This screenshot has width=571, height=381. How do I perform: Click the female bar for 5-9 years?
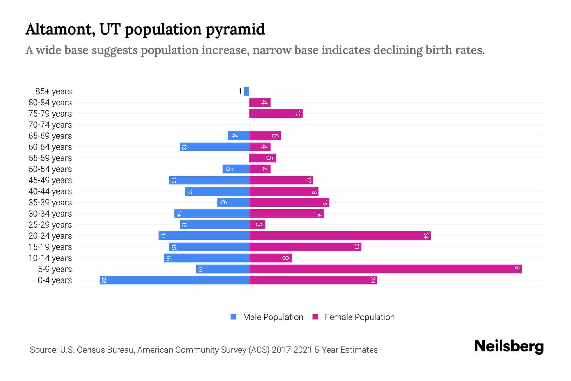(385, 269)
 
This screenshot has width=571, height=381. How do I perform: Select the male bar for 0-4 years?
(174, 280)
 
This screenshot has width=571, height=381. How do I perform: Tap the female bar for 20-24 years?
(340, 236)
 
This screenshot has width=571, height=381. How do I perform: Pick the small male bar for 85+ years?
(246, 91)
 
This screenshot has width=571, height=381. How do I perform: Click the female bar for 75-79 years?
(276, 114)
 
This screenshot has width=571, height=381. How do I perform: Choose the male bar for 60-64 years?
(214, 147)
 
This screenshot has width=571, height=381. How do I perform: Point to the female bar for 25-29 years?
(257, 225)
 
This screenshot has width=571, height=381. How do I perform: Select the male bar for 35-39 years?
(233, 203)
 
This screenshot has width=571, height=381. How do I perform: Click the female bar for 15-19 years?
(305, 247)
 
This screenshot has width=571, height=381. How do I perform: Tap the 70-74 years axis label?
(50, 125)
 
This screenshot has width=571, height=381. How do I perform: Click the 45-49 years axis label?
(50, 180)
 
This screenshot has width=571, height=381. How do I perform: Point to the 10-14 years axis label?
(50, 258)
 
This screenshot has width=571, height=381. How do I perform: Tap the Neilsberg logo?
(509, 346)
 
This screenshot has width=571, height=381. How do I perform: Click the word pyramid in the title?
(235, 30)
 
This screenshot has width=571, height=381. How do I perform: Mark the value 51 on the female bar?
(517, 269)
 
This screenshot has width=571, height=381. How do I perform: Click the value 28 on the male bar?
(104, 280)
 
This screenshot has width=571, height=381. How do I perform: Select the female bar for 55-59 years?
(262, 158)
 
